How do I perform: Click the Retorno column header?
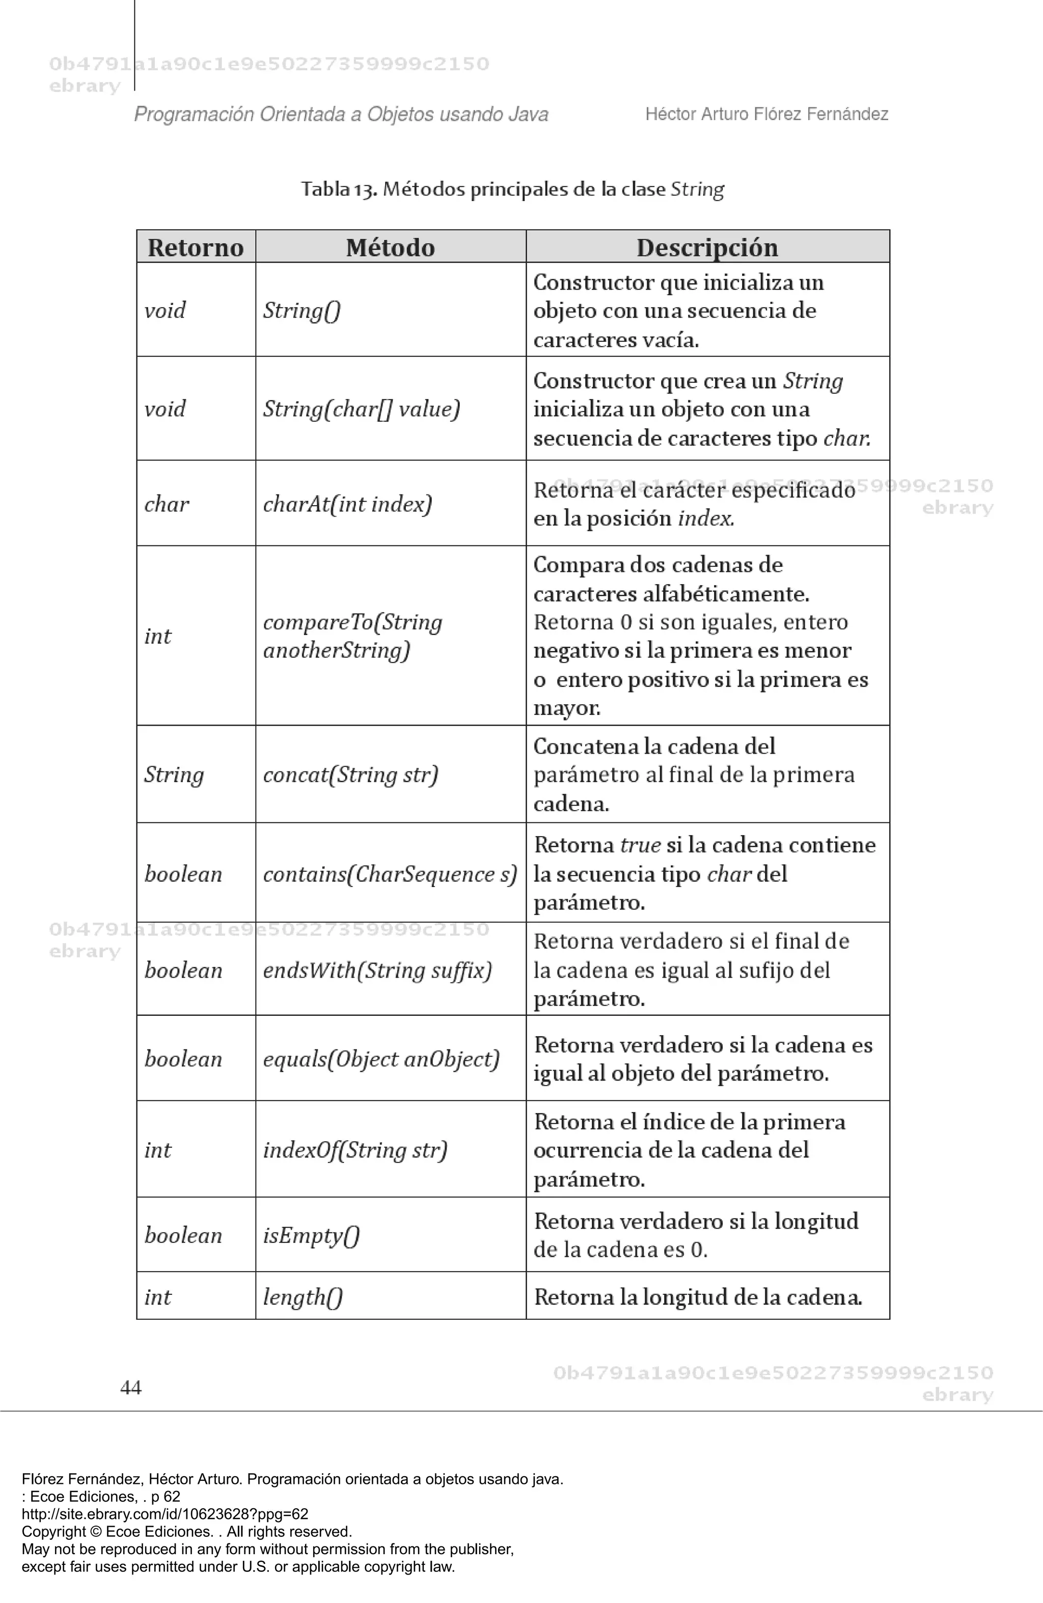196,247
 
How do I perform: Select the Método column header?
390,247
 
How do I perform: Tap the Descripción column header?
707,247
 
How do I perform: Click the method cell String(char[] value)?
361,409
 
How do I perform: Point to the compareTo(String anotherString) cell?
352,636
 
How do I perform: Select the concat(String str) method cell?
350,775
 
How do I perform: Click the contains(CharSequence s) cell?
390,874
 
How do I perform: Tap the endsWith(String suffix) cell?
377,970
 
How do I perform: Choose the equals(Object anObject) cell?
380,1059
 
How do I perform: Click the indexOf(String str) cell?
354,1150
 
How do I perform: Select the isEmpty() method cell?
311,1235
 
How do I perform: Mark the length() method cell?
303,1296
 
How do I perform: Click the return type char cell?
167,504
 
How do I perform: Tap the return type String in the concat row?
174,775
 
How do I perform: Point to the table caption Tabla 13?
512,189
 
